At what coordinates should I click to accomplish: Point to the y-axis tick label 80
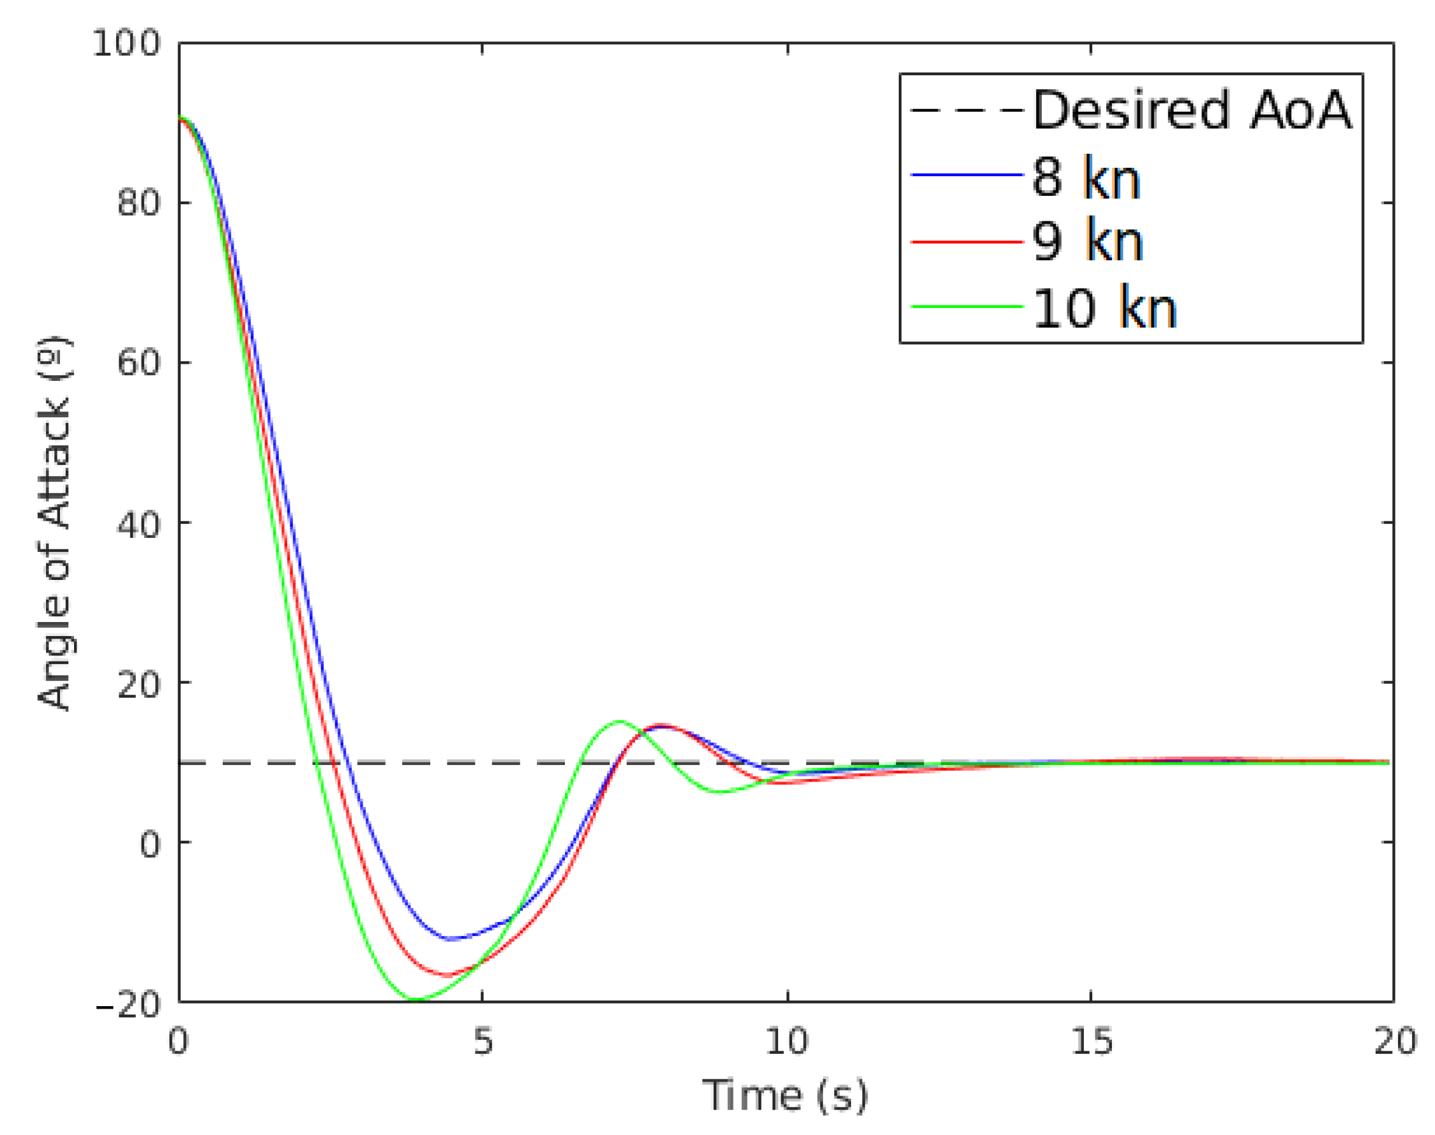[139, 202]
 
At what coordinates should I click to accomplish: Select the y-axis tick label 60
[139, 362]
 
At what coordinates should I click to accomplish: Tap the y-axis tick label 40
[139, 523]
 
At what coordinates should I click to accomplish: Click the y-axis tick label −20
[128, 1004]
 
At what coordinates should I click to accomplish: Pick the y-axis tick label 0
[150, 844]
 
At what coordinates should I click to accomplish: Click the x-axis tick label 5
[483, 1041]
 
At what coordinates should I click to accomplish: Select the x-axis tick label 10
[786, 1041]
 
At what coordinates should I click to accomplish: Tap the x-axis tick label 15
[1090, 1041]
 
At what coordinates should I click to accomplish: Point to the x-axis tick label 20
[1394, 1041]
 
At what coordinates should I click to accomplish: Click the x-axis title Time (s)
[785, 1095]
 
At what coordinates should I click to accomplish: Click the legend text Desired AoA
[1192, 110]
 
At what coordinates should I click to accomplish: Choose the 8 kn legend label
[1086, 177]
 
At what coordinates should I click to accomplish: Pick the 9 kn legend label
[1087, 241]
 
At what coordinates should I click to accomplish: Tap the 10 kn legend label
[1104, 308]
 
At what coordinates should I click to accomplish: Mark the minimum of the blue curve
[451, 939]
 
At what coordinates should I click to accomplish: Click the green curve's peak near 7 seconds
[619, 721]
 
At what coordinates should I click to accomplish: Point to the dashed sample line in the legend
[966, 110]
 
